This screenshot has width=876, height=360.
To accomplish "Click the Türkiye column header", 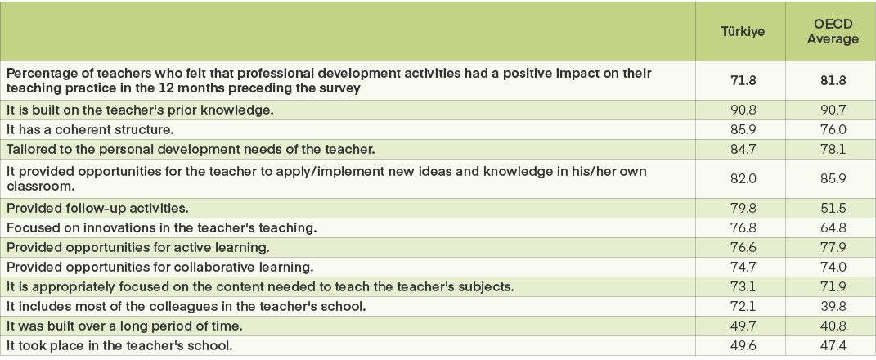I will [x=742, y=32].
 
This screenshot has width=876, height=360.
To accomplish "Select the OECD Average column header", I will [x=829, y=32].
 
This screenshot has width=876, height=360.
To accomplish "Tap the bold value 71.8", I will [x=742, y=80].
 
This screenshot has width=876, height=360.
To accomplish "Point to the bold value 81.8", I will [x=829, y=80].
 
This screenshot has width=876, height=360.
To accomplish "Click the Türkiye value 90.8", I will [x=742, y=109].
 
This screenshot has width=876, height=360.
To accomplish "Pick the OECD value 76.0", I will [x=829, y=128].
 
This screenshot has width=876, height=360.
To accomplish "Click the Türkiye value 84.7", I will [x=742, y=148].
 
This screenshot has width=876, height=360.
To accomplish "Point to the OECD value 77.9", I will [x=829, y=247].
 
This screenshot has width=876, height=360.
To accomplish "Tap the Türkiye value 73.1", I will [x=742, y=286].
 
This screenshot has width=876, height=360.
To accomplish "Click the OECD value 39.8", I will [x=829, y=306].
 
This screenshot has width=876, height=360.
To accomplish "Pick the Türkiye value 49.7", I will [x=742, y=326].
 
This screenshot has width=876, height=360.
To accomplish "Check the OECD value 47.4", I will [x=829, y=345].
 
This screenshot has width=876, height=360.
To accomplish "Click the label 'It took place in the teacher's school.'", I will [x=119, y=345].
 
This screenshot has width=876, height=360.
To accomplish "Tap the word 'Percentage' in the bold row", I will [x=38, y=73].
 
